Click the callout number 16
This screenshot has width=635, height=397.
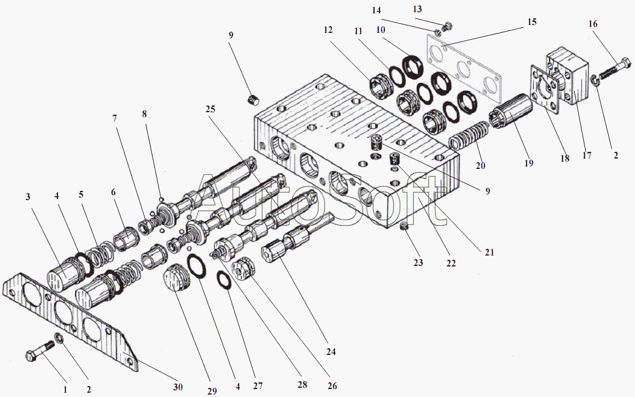(593, 24)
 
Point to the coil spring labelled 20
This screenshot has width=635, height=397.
(469, 136)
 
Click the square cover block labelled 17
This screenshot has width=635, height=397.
(570, 77)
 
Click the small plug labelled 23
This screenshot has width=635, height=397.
(403, 227)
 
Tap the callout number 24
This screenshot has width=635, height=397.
(331, 352)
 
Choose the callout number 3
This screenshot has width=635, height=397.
(28, 197)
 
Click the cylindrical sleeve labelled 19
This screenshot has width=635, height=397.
(511, 111)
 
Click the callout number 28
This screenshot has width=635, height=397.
(302, 385)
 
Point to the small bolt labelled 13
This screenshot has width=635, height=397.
(449, 26)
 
